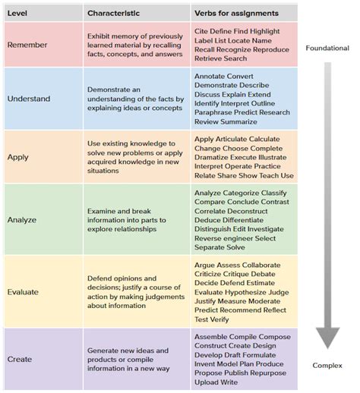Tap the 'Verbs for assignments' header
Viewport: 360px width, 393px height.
236,14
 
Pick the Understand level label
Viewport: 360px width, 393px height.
30,99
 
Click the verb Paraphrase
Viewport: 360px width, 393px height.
215,112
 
